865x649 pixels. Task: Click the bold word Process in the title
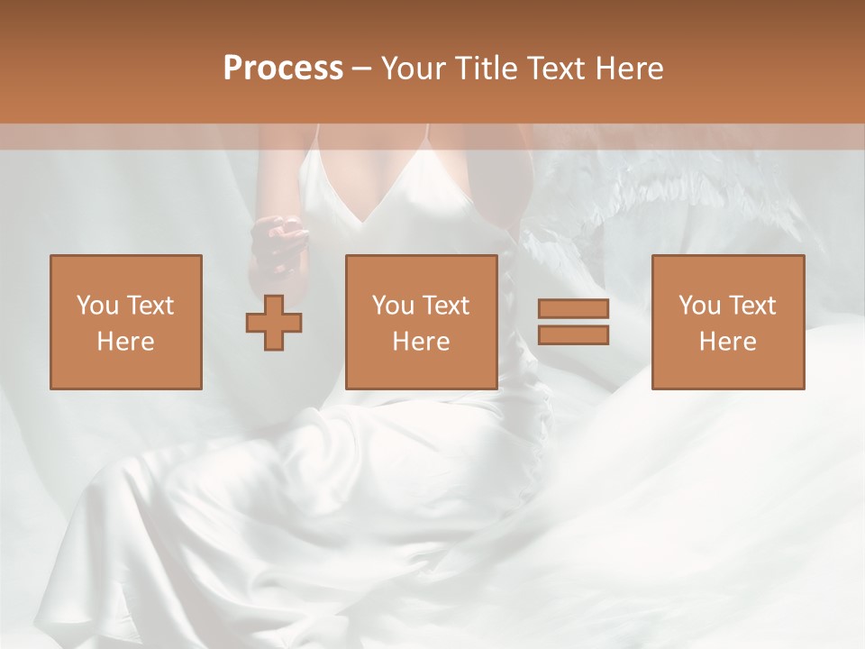(x=283, y=69)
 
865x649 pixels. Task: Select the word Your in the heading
(x=415, y=69)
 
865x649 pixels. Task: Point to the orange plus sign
(x=274, y=323)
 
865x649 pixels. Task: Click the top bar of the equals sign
(x=573, y=308)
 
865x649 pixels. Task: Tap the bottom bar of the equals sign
(x=573, y=334)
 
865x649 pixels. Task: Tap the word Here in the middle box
(x=422, y=342)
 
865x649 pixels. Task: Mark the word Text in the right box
(x=753, y=306)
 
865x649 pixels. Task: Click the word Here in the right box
(x=728, y=342)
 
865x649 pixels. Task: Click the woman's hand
(x=277, y=238)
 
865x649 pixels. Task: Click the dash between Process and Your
(x=362, y=69)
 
